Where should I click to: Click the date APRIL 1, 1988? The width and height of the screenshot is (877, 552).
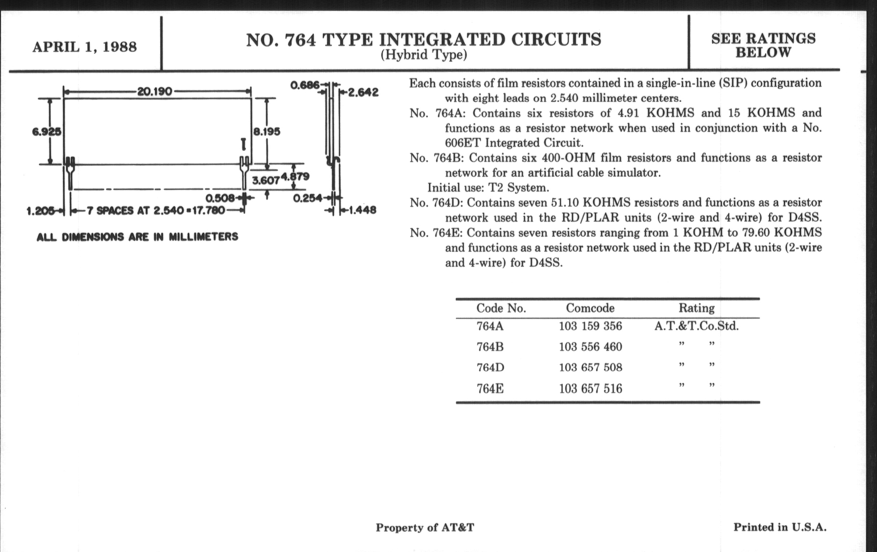[84, 47]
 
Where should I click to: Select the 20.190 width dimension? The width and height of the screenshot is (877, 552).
[154, 91]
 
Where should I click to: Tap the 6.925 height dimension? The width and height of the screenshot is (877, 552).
[47, 132]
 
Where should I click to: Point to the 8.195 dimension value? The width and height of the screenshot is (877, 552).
[266, 132]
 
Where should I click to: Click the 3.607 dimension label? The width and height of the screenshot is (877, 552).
[266, 180]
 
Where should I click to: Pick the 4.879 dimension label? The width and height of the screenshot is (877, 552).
[295, 177]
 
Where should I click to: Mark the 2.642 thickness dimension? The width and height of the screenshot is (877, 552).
[363, 92]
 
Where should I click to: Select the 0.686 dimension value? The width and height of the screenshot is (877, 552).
[305, 86]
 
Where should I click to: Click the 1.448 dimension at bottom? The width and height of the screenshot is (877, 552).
[363, 210]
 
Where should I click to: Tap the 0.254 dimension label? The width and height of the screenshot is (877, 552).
[308, 198]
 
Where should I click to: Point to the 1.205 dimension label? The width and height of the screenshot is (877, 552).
[40, 211]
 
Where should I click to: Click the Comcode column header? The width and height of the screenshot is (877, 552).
[590, 308]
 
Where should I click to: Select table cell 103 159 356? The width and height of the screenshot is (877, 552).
[590, 326]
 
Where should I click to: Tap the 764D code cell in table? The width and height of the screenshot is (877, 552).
[490, 367]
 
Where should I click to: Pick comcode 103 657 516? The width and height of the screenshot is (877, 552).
[590, 389]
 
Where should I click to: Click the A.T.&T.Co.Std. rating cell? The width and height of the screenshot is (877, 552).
[696, 326]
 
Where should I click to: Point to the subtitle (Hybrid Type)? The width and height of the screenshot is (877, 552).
[424, 54]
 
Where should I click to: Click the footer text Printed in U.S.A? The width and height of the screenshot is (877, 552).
[780, 527]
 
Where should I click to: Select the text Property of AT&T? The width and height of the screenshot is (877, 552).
[425, 527]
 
